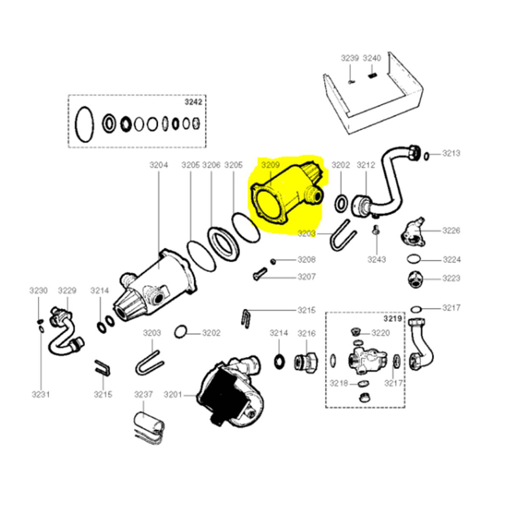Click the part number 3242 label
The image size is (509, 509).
pos(193,102)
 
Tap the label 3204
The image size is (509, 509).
pos(159,165)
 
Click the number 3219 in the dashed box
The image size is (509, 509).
pos(393,319)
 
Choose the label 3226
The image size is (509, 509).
pos(451,231)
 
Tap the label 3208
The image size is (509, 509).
pos(306,259)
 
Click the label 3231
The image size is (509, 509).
pos(41,394)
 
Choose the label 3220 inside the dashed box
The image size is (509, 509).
pos(380,333)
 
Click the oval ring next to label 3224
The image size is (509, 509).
pos(414,259)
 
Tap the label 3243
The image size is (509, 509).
pos(377,259)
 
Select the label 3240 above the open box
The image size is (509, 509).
pos(372,58)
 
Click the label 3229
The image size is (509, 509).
pos(67,291)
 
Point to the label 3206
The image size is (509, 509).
pos(211,165)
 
